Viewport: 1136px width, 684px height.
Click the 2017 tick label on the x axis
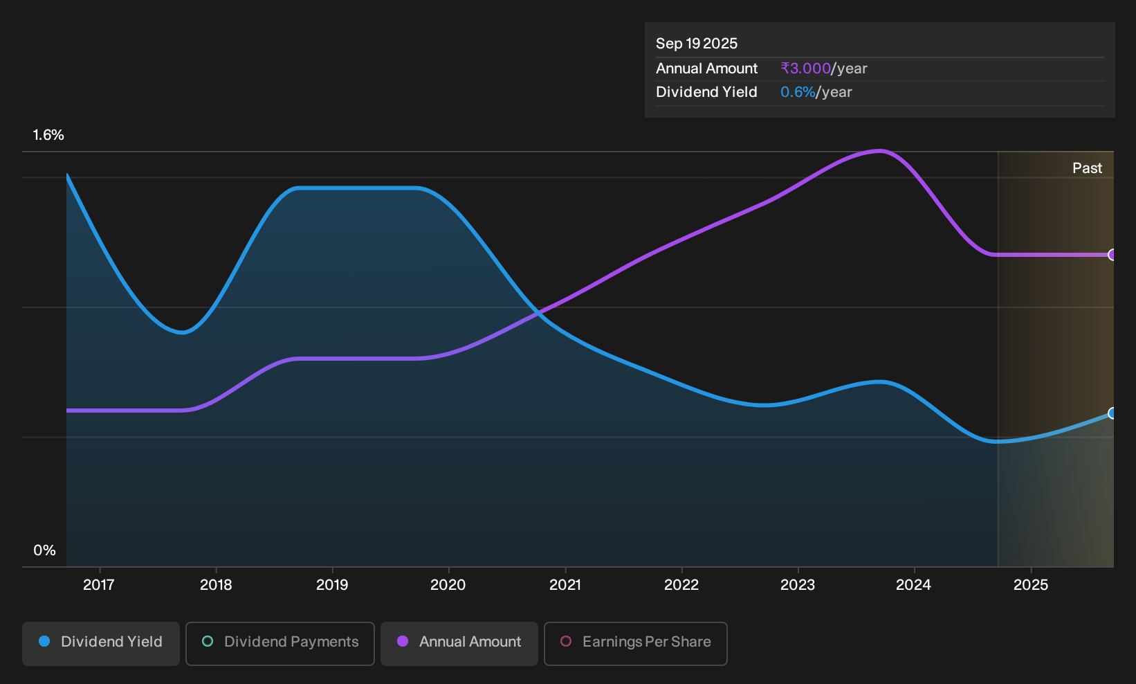click(x=99, y=585)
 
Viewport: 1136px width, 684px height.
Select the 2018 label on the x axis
click(x=216, y=585)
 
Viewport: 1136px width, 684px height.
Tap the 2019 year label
click(x=332, y=585)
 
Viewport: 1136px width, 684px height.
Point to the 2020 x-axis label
click(x=448, y=585)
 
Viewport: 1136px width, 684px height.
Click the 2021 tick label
click(x=565, y=585)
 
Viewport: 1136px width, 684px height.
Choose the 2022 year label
click(x=681, y=585)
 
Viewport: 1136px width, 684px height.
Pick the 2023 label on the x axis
click(x=798, y=585)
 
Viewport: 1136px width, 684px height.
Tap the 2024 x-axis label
click(x=914, y=585)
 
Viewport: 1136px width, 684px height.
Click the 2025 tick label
click(x=1031, y=585)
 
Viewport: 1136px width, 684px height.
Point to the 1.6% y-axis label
click(x=48, y=135)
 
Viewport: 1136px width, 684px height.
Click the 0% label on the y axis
click(x=45, y=550)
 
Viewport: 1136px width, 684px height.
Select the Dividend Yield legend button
click(x=101, y=643)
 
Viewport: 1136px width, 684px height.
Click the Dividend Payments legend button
click(x=280, y=643)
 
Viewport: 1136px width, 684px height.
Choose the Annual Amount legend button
click(x=459, y=643)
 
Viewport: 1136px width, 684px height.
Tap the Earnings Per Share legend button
click(x=635, y=643)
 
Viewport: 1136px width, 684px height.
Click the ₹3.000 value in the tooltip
click(x=805, y=69)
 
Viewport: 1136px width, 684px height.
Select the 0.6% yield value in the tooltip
click(x=798, y=92)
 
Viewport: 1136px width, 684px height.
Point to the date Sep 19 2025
click(x=696, y=44)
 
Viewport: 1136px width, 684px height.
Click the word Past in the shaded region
click(x=1087, y=168)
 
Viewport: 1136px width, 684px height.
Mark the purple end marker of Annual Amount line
click(x=1112, y=255)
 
